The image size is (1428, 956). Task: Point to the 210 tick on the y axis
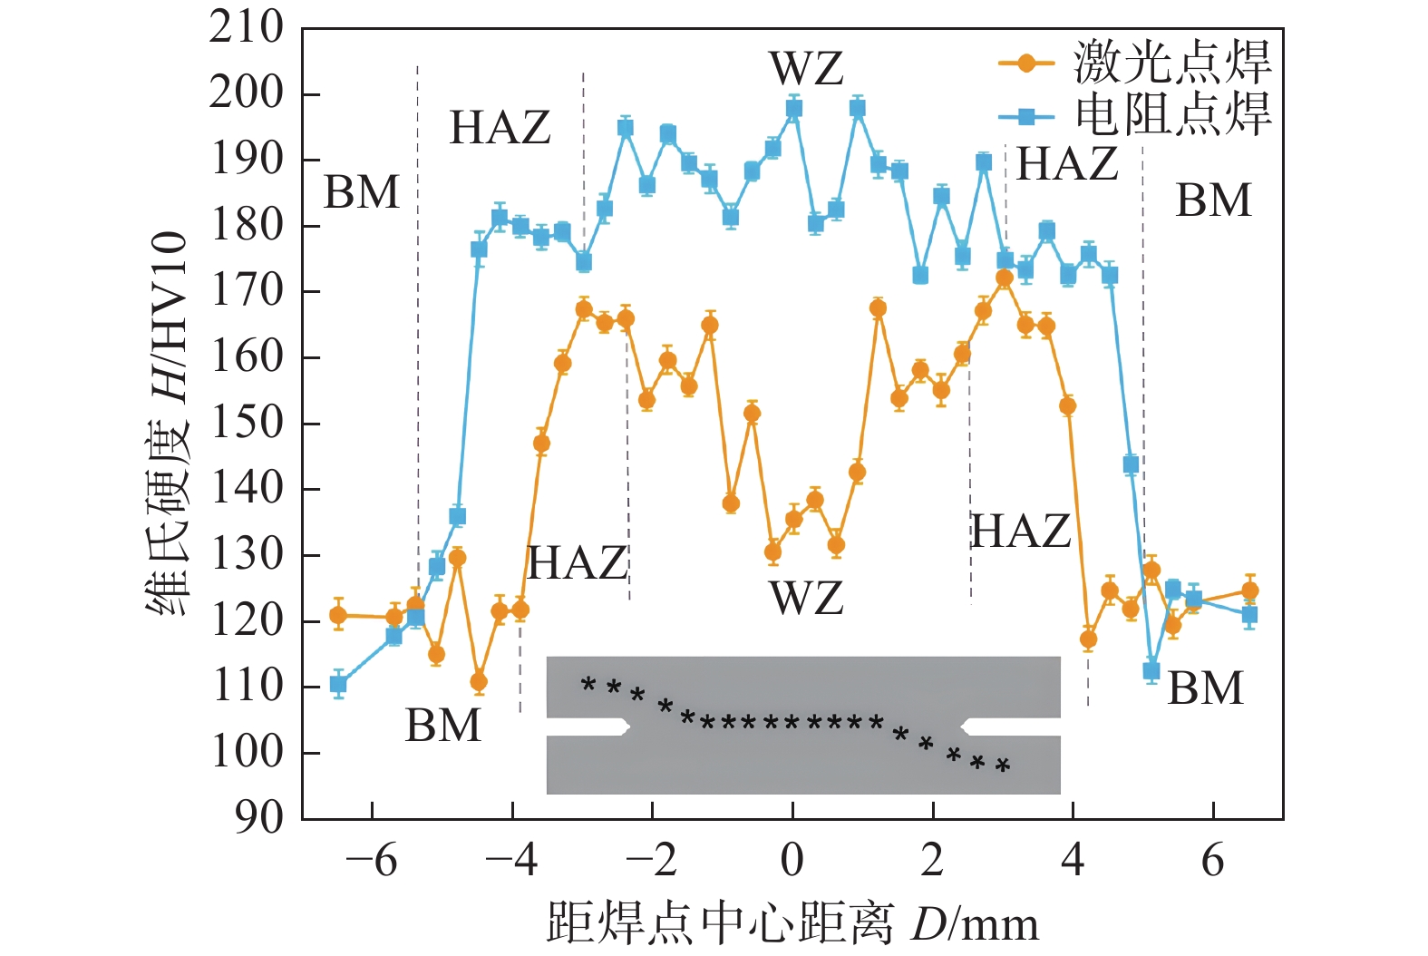[247, 27]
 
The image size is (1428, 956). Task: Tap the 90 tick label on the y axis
[259, 818]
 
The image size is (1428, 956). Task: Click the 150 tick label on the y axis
[247, 423]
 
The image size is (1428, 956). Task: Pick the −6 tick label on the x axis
[372, 860]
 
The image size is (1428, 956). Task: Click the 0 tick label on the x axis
[792, 860]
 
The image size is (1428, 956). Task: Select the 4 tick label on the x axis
[1073, 860]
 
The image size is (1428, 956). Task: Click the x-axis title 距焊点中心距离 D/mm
[792, 924]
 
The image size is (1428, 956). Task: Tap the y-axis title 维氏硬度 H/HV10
[168, 423]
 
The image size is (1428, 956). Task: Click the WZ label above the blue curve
[806, 69]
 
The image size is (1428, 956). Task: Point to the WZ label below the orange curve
[806, 599]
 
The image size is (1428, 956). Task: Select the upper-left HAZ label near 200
[500, 128]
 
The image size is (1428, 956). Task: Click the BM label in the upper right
[1213, 200]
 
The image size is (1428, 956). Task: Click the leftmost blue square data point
[338, 685]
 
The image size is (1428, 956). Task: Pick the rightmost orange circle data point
[1249, 591]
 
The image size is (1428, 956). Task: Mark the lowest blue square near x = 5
[1151, 671]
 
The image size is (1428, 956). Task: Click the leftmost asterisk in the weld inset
[588, 684]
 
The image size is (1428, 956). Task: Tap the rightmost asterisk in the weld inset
[1003, 766]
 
